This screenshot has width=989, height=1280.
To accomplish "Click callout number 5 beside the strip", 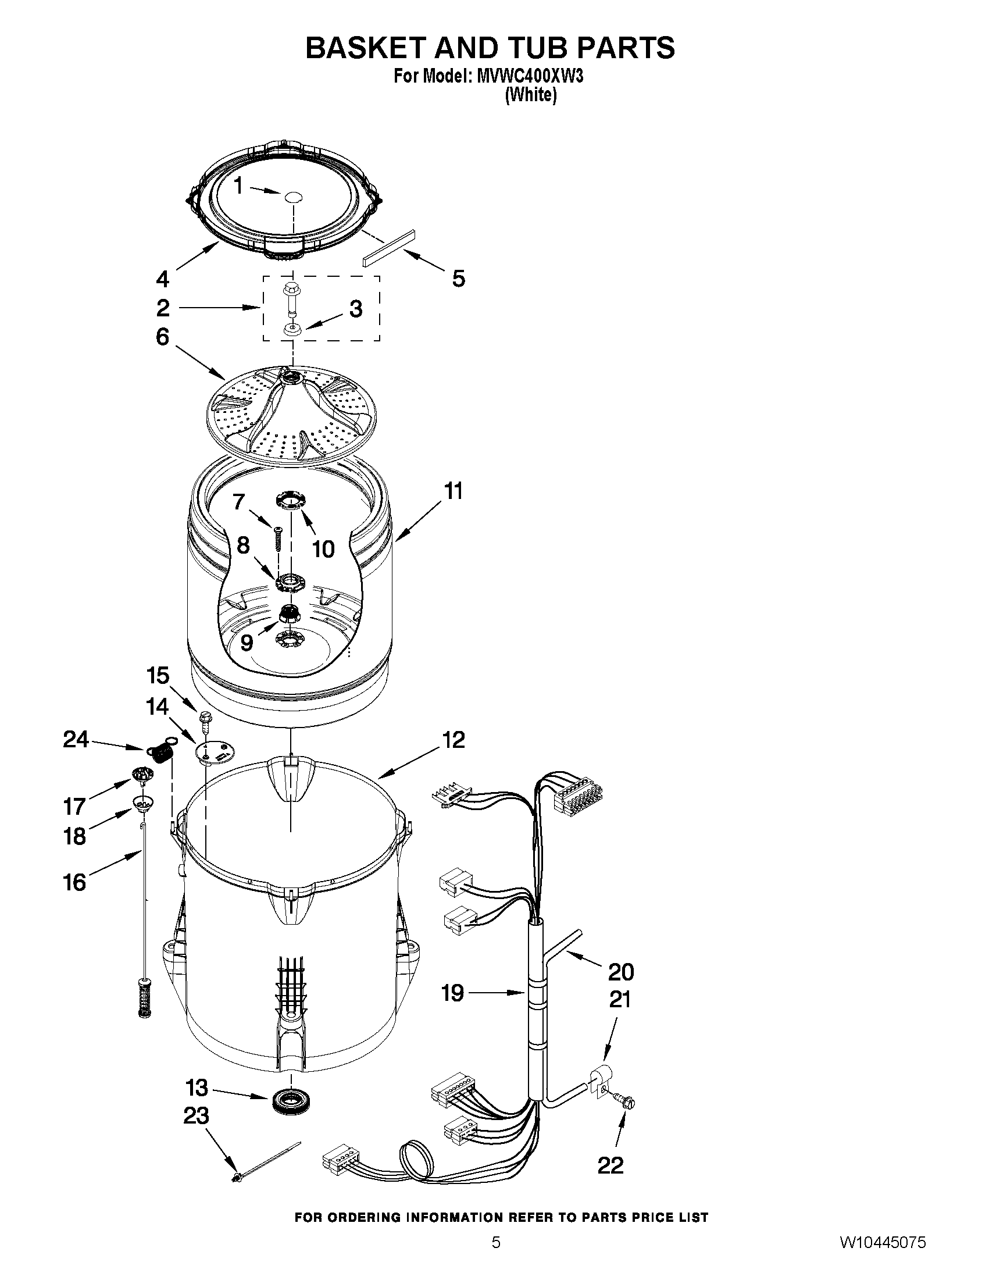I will pyautogui.click(x=458, y=279).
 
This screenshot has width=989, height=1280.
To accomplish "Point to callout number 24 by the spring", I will pyautogui.click(x=76, y=740).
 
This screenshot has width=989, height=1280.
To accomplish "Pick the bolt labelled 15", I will pyautogui.click(x=205, y=720).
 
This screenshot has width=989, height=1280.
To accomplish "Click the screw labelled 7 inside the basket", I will pyautogui.click(x=279, y=538).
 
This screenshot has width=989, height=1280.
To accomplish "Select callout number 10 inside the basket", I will pyautogui.click(x=323, y=548).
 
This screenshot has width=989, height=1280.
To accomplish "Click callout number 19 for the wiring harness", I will pyautogui.click(x=453, y=993).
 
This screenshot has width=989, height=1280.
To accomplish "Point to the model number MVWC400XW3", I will pyautogui.click(x=530, y=77).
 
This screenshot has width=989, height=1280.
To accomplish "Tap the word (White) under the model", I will pyautogui.click(x=530, y=95).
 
